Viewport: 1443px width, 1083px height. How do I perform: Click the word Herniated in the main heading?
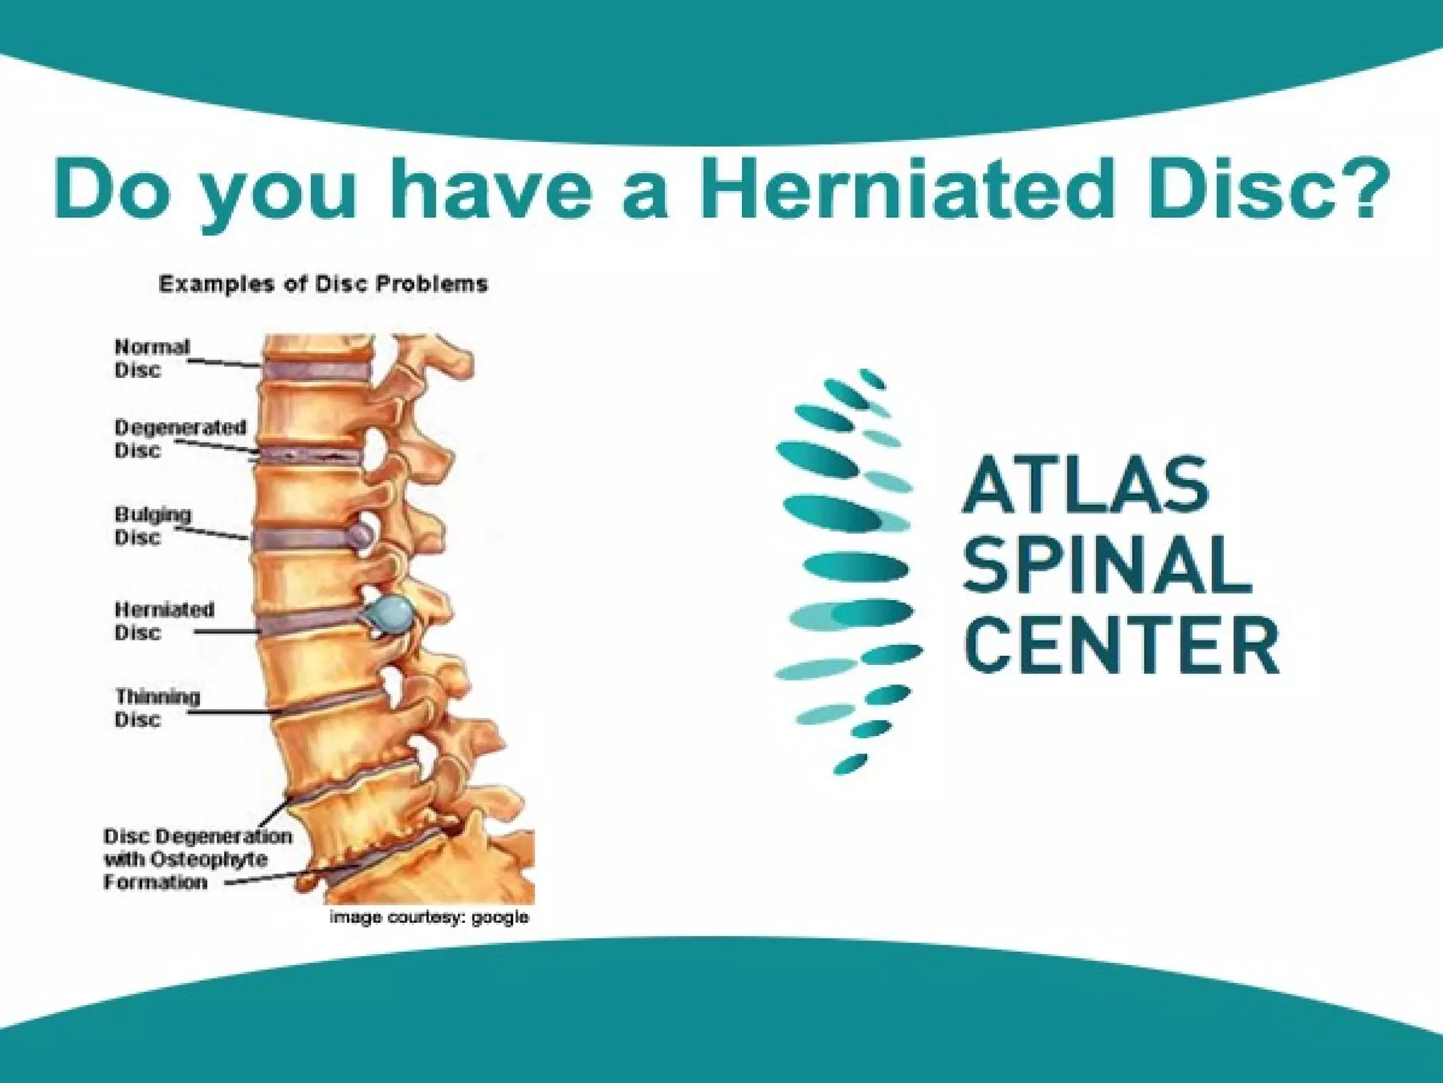[x=908, y=189]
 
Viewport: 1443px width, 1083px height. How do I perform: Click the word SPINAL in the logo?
[x=1107, y=564]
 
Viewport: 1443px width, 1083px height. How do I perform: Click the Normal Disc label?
[x=152, y=358]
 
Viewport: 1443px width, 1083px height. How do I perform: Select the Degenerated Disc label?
[x=180, y=439]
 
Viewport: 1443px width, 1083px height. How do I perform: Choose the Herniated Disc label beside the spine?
[x=164, y=620]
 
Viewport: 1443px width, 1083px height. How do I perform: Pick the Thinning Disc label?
[x=157, y=707]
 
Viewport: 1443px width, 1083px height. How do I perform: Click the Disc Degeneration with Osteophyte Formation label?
[x=197, y=859]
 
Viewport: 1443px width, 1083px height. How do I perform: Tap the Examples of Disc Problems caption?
[x=323, y=284]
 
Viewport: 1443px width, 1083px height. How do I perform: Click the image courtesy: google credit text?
[x=429, y=917]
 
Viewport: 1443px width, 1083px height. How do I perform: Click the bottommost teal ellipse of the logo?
[x=850, y=764]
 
